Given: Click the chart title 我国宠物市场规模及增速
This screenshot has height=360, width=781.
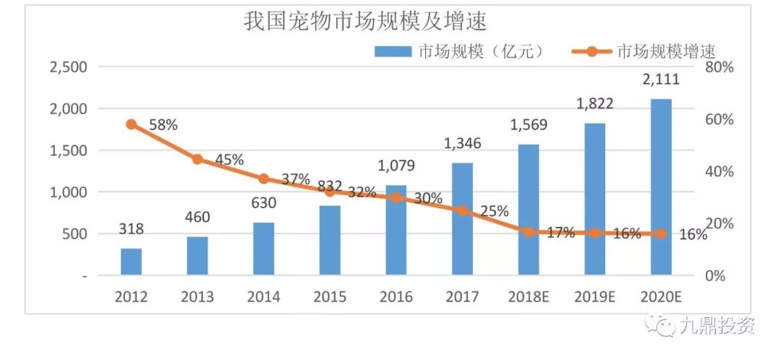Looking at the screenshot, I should click(x=365, y=22).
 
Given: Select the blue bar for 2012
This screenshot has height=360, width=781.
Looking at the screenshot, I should click(x=131, y=262).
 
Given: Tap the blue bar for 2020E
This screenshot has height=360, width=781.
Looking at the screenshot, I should click(x=661, y=187).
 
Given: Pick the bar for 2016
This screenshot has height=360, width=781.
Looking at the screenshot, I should click(x=396, y=231).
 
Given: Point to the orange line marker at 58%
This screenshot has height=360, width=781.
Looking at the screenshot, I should click(x=131, y=124).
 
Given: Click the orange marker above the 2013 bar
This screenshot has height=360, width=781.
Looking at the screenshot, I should click(x=197, y=159).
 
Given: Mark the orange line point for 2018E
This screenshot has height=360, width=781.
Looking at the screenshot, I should click(x=529, y=232).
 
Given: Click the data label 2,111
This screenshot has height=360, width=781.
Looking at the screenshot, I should click(x=661, y=80).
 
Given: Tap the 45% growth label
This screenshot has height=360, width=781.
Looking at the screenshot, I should click(x=229, y=160).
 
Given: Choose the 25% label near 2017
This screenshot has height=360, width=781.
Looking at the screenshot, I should click(x=494, y=211).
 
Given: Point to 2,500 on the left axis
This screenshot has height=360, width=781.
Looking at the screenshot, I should click(x=67, y=67).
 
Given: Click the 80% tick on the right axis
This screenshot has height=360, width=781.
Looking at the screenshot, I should click(x=719, y=67).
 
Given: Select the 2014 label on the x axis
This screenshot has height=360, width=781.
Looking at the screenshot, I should click(x=264, y=296).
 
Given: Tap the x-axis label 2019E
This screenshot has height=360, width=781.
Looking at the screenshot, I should click(x=594, y=296).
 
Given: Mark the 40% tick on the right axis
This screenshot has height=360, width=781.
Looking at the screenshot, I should click(x=719, y=172).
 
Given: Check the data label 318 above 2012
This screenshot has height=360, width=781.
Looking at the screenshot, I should click(x=131, y=229).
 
